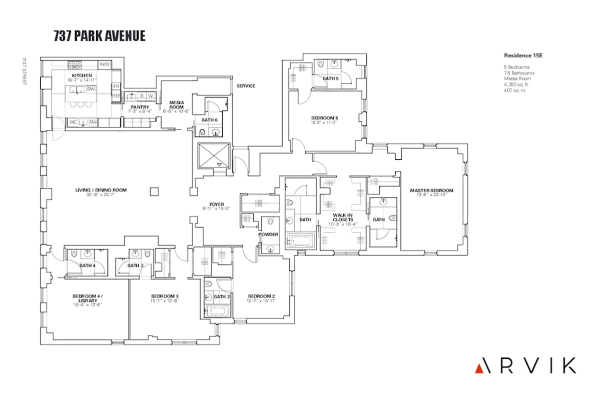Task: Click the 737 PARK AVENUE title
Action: [99, 36]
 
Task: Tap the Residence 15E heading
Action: [523, 55]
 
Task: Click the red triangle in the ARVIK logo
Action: [478, 368]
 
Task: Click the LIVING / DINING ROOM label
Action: [101, 190]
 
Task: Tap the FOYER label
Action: [217, 204]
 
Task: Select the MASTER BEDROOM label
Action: [431, 190]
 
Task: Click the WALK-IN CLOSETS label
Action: [344, 217]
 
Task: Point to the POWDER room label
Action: [268, 234]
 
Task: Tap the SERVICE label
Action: [246, 86]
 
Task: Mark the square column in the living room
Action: [155, 190]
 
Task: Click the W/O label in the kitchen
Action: [105, 64]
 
